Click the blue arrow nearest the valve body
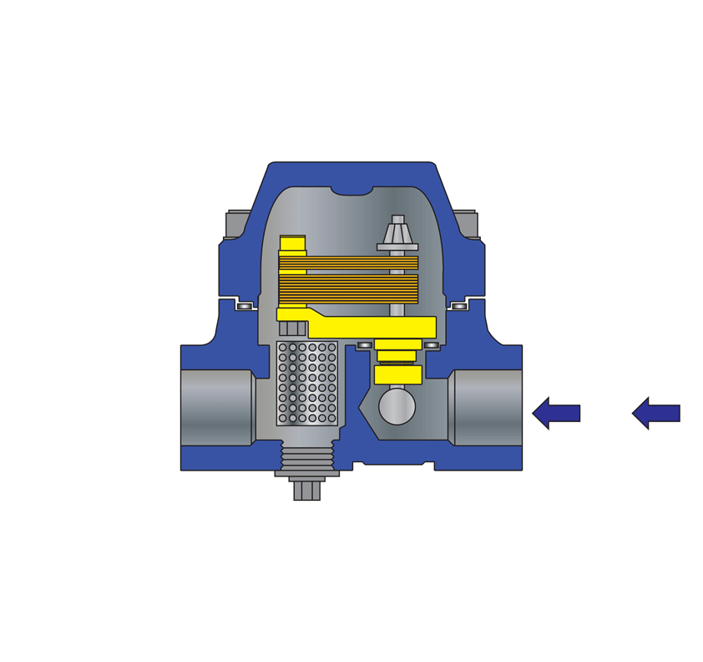coord(555,413)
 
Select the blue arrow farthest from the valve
coord(655,413)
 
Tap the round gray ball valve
coord(397,407)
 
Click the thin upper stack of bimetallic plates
coord(348,262)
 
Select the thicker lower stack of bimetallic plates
coord(348,289)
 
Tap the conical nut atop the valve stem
coord(398,232)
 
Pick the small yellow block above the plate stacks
coord(292,242)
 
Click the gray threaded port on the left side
coord(215,407)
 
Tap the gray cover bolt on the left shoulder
coord(237,223)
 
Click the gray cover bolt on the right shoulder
coord(466,223)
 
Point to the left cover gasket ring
coord(244,307)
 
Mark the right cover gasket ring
coord(459,307)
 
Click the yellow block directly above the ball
coord(397,374)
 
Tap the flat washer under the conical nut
coord(397,247)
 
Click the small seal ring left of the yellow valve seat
coord(365,345)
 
